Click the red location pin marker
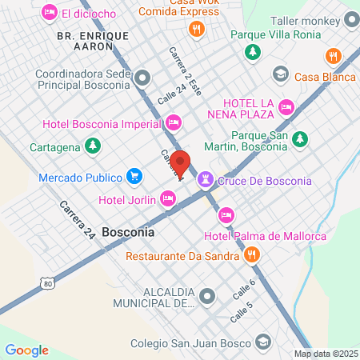pyautogui.click(x=181, y=163)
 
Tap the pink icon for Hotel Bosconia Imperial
pyautogui.click(x=173, y=122)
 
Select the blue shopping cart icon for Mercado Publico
pyautogui.click(x=134, y=176)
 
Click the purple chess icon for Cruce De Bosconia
pyautogui.click(x=207, y=179)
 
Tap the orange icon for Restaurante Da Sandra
pyautogui.click(x=252, y=256)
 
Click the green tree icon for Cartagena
pyautogui.click(x=94, y=146)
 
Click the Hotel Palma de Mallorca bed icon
pyautogui.click(x=226, y=214)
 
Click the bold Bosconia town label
pyautogui.click(x=128, y=231)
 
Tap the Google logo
pyautogui.click(x=26, y=350)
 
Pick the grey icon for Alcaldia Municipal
pyautogui.click(x=208, y=297)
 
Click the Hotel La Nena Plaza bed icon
pyautogui.click(x=286, y=106)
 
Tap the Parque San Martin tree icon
pyautogui.click(x=300, y=139)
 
